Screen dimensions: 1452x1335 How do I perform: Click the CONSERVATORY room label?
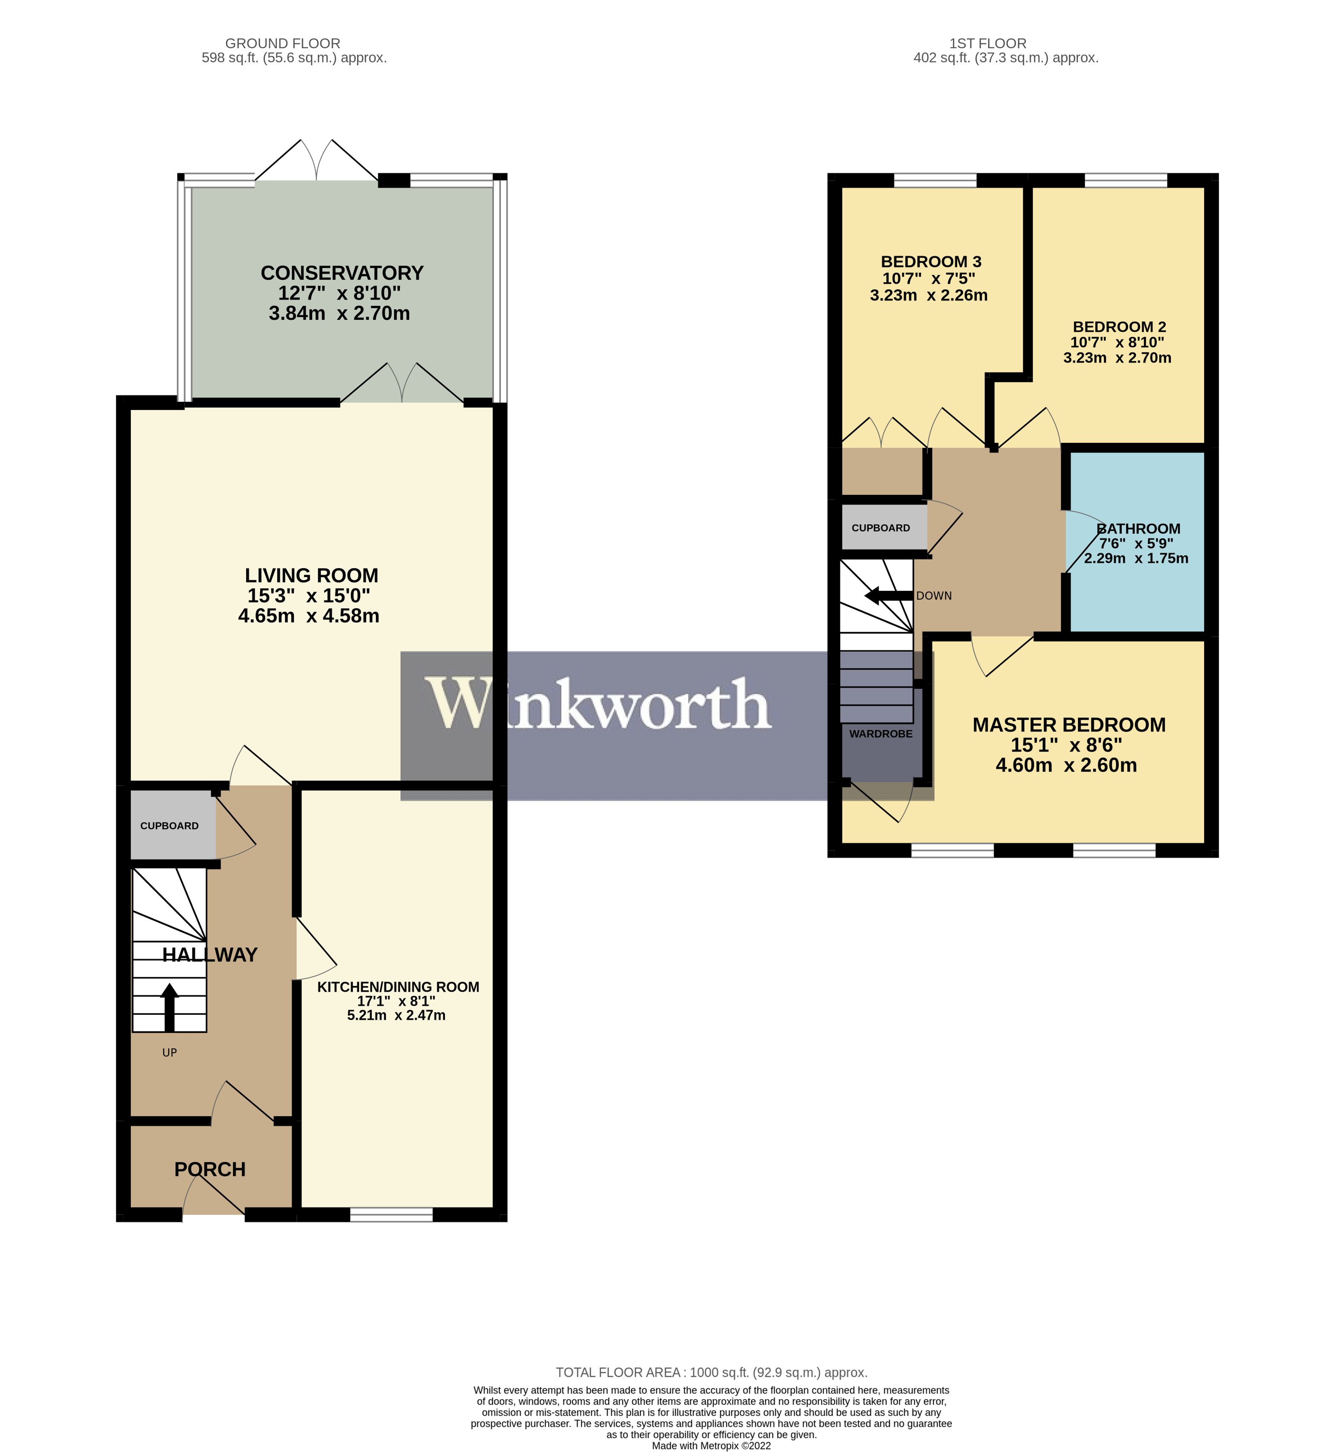(x=342, y=273)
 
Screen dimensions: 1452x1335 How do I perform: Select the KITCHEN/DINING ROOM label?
(x=398, y=987)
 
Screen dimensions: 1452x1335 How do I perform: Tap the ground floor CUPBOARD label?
(x=169, y=826)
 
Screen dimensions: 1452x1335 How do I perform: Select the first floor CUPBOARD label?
(x=881, y=528)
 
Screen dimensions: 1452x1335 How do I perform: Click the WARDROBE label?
(x=881, y=734)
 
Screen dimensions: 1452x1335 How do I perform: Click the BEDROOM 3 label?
(x=931, y=261)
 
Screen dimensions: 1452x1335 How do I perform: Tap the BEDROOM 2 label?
(x=1119, y=326)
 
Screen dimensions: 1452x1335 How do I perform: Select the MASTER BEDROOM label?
(x=1068, y=725)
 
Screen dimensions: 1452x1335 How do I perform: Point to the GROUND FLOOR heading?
(x=282, y=44)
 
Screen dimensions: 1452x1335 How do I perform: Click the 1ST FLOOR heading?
(x=987, y=44)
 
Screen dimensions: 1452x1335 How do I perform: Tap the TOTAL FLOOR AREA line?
(x=711, y=1373)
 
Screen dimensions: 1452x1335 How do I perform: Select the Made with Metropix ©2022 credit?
(x=711, y=1446)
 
